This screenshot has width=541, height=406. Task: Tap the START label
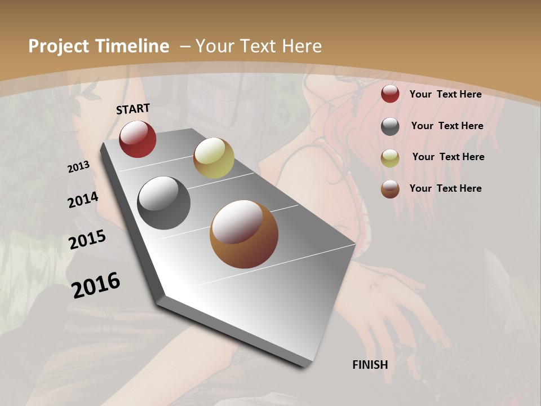(133, 108)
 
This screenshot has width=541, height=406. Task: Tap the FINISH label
(370, 365)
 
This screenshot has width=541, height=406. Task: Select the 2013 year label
(79, 167)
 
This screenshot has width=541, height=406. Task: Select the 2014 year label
(83, 200)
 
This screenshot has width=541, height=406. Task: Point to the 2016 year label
(96, 285)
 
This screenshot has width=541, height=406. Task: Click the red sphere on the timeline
(138, 139)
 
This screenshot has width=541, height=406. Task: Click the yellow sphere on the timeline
(214, 158)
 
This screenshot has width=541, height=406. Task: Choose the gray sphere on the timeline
(163, 203)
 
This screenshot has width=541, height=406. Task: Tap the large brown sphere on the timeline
(244, 234)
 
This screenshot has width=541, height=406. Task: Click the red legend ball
(390, 94)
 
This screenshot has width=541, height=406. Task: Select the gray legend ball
(390, 126)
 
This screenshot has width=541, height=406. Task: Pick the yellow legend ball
(390, 158)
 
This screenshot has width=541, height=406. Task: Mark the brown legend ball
(390, 189)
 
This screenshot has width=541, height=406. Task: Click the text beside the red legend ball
(445, 94)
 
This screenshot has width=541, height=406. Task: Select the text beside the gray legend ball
(447, 126)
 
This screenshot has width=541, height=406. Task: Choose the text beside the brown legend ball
(445, 188)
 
